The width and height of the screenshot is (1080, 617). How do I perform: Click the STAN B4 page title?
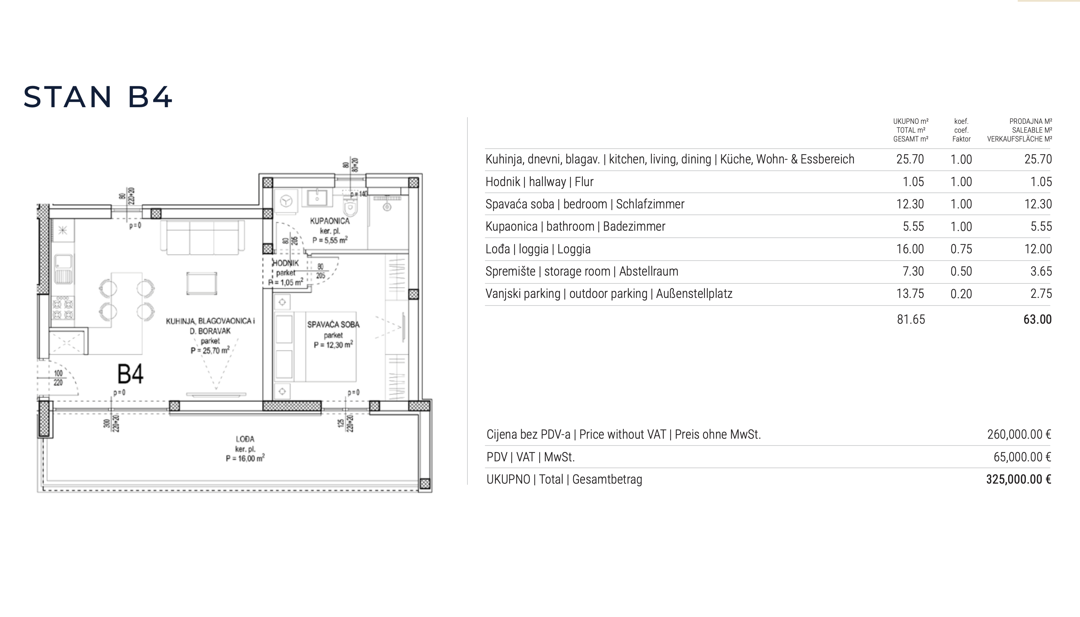tap(98, 97)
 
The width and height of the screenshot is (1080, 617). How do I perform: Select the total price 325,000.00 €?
tap(1018, 479)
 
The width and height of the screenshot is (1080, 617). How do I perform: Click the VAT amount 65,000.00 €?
tap(1022, 457)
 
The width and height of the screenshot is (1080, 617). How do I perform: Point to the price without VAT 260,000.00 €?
tap(1019, 434)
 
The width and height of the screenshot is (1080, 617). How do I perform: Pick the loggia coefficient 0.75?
tap(961, 249)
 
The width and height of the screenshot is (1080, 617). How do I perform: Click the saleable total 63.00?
tap(1037, 319)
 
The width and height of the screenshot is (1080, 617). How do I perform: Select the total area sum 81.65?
tap(911, 319)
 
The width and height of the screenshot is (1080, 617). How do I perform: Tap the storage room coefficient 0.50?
tap(961, 271)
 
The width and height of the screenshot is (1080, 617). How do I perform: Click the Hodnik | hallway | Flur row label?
tap(539, 182)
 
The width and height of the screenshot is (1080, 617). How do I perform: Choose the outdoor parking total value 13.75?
tap(910, 294)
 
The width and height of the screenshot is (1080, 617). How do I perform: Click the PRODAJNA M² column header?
tap(1030, 121)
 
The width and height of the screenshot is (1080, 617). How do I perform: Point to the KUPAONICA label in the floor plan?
tap(330, 221)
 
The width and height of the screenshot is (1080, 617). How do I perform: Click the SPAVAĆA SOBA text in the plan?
tap(333, 325)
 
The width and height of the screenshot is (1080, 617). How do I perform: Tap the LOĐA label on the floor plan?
tap(245, 439)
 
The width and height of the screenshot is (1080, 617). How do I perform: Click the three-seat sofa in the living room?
tap(202, 237)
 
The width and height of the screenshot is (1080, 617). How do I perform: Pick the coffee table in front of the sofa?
tap(202, 283)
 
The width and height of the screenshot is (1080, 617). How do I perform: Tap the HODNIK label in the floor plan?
tap(285, 263)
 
